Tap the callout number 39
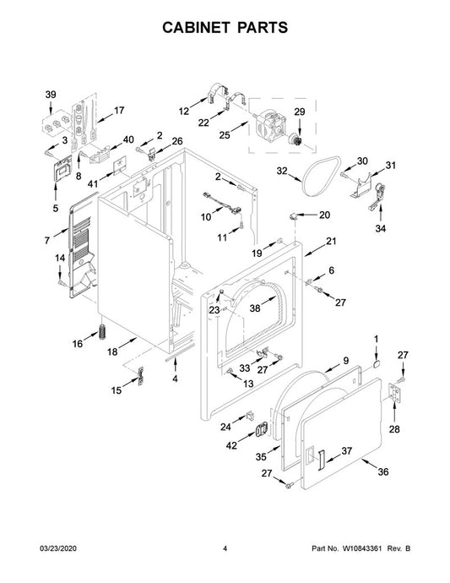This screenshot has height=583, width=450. pyautogui.click(x=51, y=95)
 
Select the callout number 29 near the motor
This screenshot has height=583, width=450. pyautogui.click(x=300, y=112)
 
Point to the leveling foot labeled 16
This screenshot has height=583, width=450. pyautogui.click(x=103, y=331)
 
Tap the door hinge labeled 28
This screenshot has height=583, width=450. pyautogui.click(x=394, y=393)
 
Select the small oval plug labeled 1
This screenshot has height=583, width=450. pyautogui.click(x=376, y=363)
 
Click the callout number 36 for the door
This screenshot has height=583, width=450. pyautogui.click(x=382, y=471)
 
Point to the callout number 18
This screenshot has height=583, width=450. pyautogui.click(x=112, y=351)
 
